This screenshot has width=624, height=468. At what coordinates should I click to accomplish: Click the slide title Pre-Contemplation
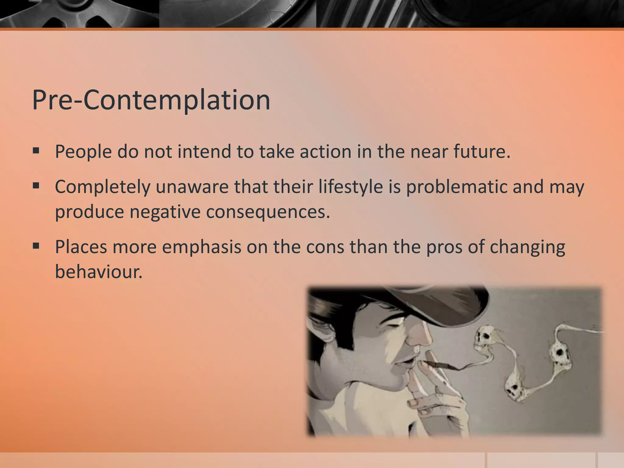[151, 100]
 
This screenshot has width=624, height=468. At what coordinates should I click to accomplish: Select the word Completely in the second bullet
[102, 187]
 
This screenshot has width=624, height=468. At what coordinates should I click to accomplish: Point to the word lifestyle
[350, 187]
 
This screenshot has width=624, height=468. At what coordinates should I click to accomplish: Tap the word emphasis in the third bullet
[201, 247]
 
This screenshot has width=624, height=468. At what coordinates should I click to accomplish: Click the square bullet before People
[36, 151]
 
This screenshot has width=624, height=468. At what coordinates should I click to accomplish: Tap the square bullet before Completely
[36, 186]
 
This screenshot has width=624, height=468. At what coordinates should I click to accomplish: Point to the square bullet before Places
[36, 246]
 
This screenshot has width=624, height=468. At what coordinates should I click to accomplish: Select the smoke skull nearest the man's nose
[483, 337]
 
